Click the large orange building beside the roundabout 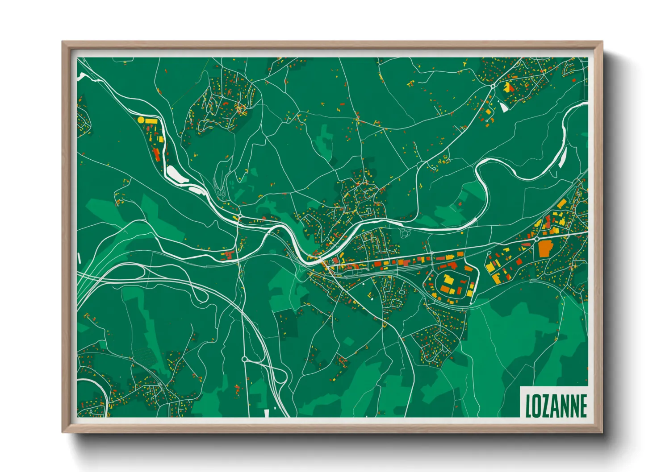coord(545,248)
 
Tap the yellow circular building coord(141,120)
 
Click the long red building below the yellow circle coord(156,154)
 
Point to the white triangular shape coord(503,107)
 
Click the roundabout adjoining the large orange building coord(535,239)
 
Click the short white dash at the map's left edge coord(79,258)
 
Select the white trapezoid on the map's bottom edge coord(267,413)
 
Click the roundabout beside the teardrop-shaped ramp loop coord(244,359)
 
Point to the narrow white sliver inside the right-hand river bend coord(563,157)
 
